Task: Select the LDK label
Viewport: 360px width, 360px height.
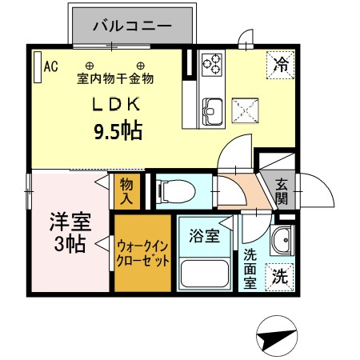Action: pos(119,104)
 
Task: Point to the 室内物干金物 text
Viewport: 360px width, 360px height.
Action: pos(115,79)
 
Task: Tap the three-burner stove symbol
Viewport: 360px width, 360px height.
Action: pos(213,63)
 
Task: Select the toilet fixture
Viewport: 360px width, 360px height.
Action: pos(171,190)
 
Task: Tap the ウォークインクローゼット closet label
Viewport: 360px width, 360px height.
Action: pos(142,254)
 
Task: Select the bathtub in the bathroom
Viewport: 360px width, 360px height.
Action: pos(205,274)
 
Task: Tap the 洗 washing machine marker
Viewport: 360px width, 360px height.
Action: pos(279,278)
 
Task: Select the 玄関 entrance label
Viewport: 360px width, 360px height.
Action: pos(281,190)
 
